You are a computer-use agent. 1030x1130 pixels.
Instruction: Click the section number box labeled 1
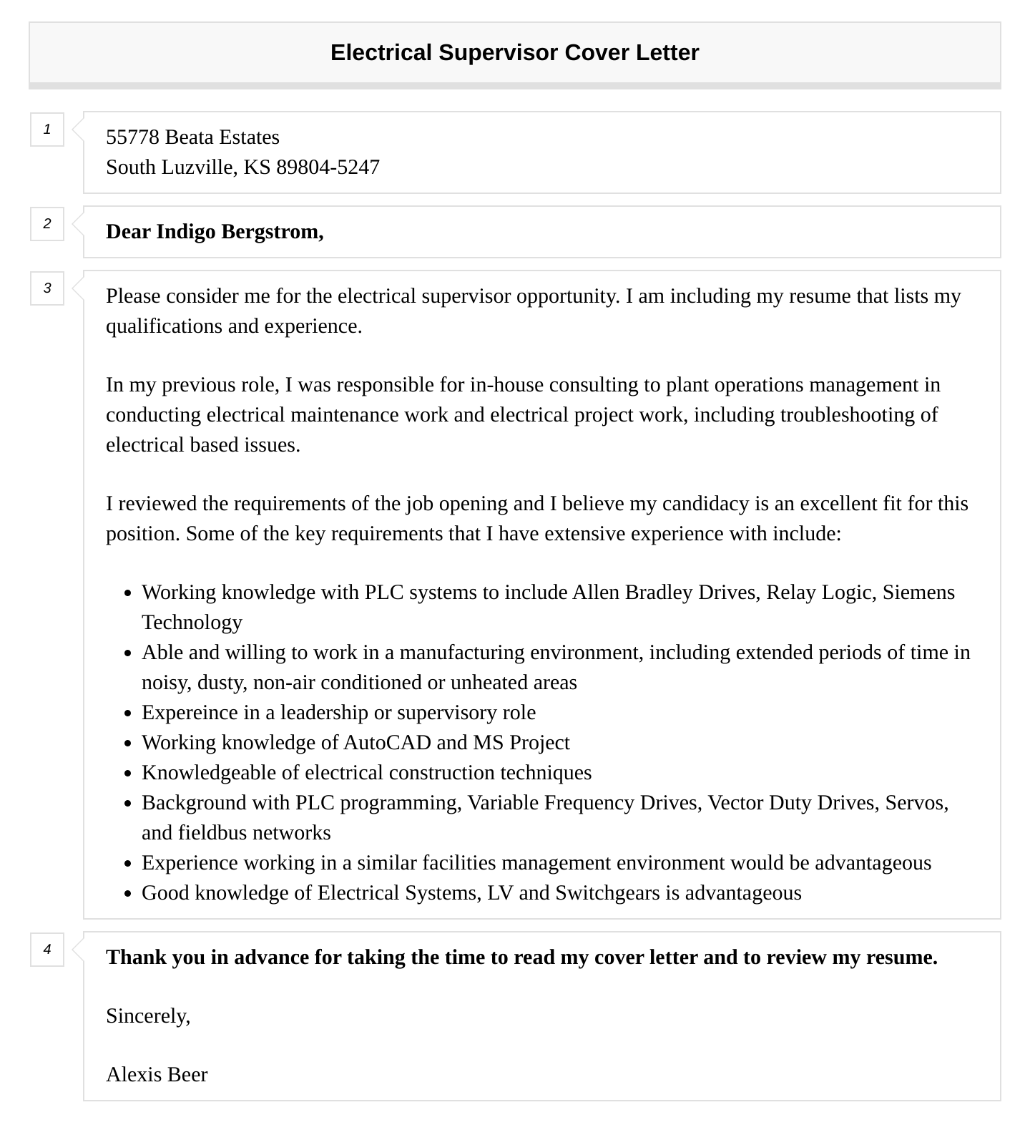pos(47,130)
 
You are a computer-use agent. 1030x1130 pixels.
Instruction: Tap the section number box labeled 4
pos(47,950)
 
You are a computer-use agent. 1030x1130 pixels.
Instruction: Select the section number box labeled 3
pos(47,288)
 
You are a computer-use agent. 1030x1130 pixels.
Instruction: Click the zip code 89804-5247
pos(328,167)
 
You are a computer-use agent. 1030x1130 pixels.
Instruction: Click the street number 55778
pos(132,137)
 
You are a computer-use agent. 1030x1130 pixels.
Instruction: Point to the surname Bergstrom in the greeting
pos(272,232)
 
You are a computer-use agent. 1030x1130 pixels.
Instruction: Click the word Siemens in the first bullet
pos(918,593)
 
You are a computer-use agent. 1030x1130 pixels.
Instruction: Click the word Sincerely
pos(148,1016)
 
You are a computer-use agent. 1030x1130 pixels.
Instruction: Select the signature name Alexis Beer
pos(157,1075)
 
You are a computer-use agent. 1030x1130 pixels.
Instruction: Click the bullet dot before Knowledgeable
pos(127,774)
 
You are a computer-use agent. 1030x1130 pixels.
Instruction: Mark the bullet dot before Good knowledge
pos(127,894)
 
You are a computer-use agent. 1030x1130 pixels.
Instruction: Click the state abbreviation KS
pos(257,167)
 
